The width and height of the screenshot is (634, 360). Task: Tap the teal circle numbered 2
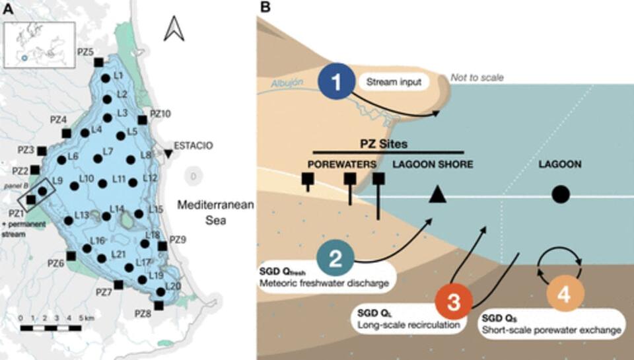[335, 258]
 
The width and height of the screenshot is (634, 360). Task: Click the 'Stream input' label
[394, 83]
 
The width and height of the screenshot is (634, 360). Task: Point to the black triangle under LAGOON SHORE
[436, 194]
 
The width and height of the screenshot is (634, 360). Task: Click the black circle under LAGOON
[560, 194]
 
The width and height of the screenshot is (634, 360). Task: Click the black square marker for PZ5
[98, 62]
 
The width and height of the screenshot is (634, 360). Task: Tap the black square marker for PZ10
[142, 120]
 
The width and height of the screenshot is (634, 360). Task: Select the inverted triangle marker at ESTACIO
[168, 154]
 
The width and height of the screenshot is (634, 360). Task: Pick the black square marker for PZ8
[158, 305]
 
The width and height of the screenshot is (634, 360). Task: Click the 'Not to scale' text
[477, 77]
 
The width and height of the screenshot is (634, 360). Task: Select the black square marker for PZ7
[118, 285]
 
